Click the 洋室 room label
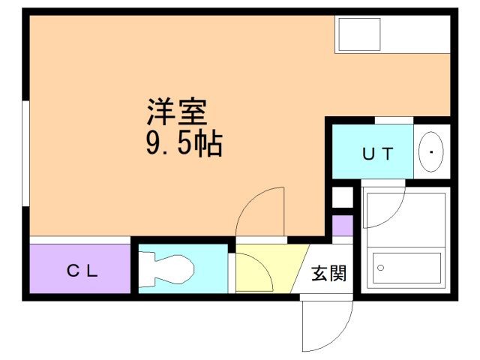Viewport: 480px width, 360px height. [176, 112]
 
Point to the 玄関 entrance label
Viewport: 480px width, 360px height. [328, 274]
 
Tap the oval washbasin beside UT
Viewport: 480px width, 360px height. [430, 153]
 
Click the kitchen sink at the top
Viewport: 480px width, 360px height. [358, 34]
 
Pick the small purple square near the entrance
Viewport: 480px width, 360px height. [342, 226]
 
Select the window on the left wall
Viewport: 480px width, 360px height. [26, 150]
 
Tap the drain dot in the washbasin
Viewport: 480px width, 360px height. [431, 153]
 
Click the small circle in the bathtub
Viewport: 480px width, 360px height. [380, 268]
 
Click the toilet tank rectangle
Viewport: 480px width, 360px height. [145, 268]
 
